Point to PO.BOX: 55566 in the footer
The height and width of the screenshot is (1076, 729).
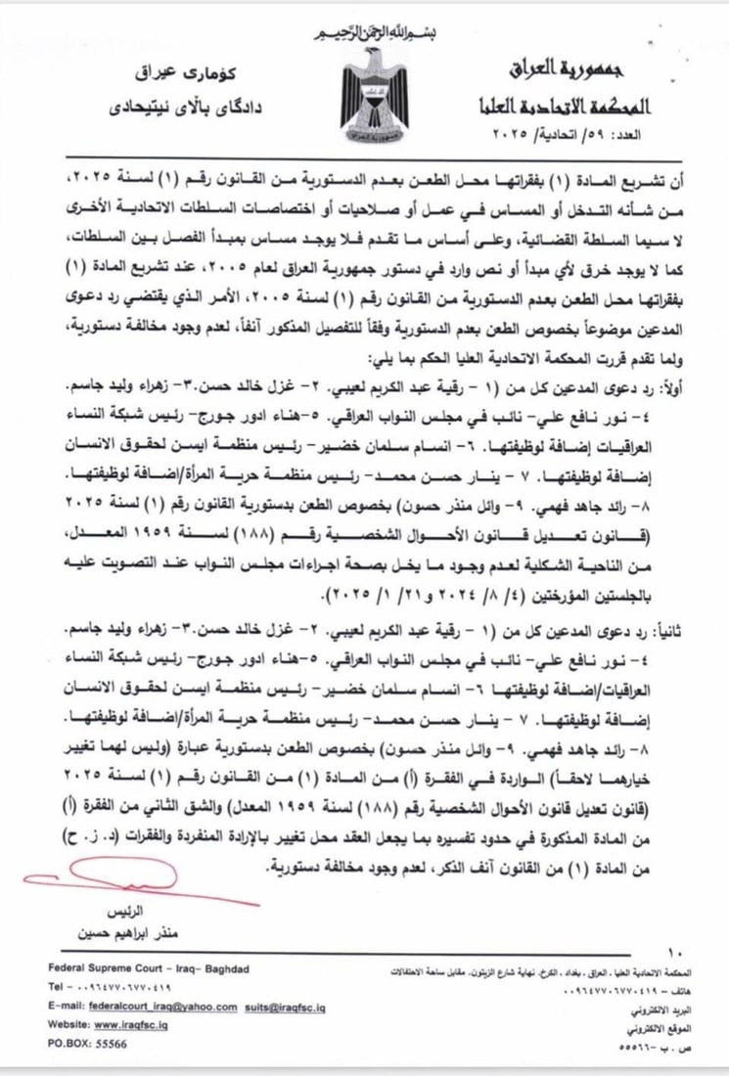point(87,1044)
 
